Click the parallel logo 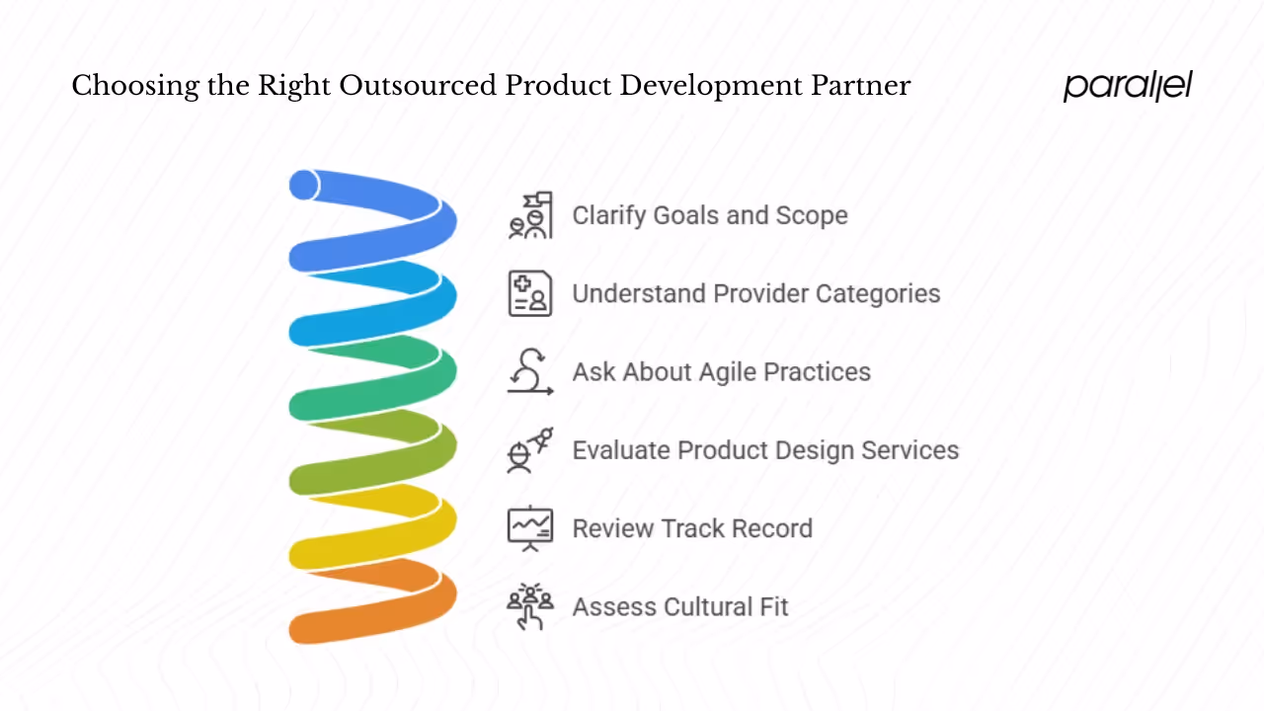tap(1128, 86)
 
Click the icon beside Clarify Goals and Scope tap(530, 215)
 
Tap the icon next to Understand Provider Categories tap(530, 293)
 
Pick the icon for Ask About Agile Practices tap(530, 372)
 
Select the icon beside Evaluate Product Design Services tap(530, 450)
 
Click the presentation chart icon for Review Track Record tap(530, 528)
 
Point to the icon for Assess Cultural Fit tap(530, 606)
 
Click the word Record tap(774, 528)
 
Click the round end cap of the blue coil tap(304, 185)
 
